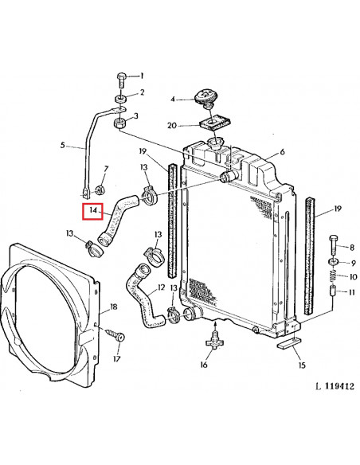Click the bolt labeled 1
coord(122,79)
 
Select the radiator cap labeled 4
coord(205,98)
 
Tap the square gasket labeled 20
coord(215,123)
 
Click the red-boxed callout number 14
coord(93,211)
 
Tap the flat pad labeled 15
coord(288,343)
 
